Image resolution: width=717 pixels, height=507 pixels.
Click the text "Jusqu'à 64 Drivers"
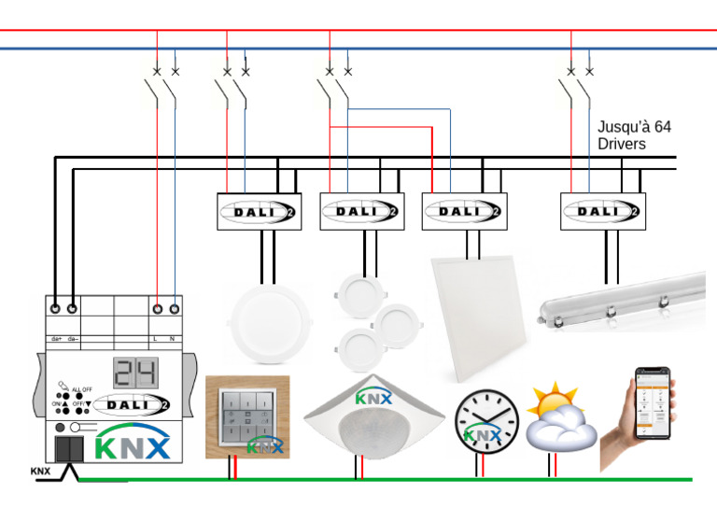(x=634, y=135)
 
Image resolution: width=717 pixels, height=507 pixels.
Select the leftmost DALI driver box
(x=259, y=212)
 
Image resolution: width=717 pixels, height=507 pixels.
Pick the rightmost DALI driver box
(x=602, y=212)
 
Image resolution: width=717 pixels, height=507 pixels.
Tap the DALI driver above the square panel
(x=464, y=212)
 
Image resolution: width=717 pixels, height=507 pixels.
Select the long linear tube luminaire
(x=621, y=302)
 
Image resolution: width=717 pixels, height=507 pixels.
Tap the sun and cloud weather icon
(x=560, y=416)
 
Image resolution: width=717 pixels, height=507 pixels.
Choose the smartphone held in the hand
(x=654, y=403)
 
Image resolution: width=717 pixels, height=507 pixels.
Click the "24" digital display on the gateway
(x=134, y=372)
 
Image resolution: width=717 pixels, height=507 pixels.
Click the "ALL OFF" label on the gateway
(x=81, y=388)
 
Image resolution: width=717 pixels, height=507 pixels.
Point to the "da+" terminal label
(x=56, y=337)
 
